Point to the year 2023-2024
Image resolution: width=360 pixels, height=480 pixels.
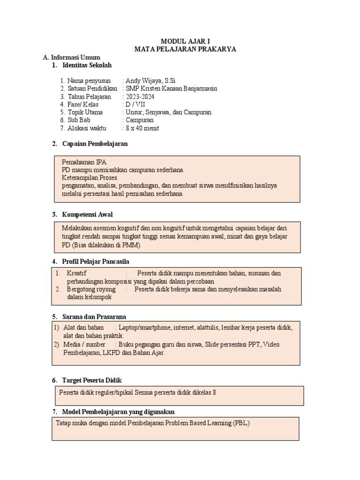(140, 97)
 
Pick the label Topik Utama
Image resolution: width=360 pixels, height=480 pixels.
(84, 112)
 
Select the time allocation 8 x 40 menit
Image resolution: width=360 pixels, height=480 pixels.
(142, 128)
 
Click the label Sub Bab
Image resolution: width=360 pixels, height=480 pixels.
(78, 120)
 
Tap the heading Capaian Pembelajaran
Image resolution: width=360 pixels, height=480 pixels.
(95, 144)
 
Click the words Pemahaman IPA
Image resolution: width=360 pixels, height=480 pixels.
(85, 162)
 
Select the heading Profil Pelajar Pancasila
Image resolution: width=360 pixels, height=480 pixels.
(96, 261)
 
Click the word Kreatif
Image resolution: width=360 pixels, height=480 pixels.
(77, 273)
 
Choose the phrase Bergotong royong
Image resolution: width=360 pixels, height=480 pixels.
(91, 289)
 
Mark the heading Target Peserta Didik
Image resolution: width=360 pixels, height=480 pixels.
(92, 380)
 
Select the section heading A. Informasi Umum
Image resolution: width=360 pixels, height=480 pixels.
(71, 57)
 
